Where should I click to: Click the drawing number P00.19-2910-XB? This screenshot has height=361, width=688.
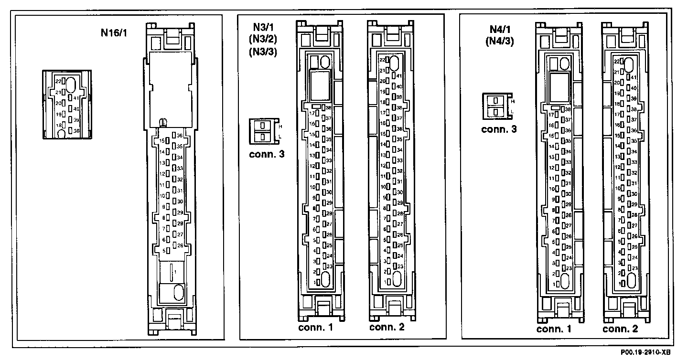(x=645, y=352)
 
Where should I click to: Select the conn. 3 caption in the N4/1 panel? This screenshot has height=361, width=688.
(x=498, y=129)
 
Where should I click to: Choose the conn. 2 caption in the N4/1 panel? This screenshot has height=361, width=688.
(x=620, y=329)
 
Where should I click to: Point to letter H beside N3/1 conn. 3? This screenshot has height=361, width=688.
(x=280, y=126)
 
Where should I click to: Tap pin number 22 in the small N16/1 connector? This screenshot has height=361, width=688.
(x=58, y=81)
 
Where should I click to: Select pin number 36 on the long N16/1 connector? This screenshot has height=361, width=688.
(x=180, y=135)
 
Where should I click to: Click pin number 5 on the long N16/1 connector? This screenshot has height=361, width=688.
(x=163, y=250)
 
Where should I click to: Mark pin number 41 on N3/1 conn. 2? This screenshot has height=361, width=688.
(x=399, y=75)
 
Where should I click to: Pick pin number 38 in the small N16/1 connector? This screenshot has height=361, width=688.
(x=76, y=130)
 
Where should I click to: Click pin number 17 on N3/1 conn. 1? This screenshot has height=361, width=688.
(x=312, y=113)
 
